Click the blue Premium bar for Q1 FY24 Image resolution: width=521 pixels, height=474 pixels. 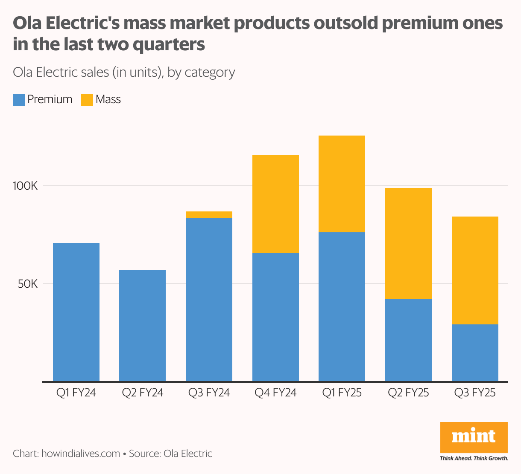coord(76,312)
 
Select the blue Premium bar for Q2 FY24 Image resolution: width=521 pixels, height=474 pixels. coord(142,326)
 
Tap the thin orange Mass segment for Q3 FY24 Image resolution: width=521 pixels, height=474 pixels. coord(209,214)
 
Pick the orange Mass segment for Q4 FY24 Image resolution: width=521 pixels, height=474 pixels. coord(275,204)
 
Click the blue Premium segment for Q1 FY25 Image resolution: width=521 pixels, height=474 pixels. coord(342,306)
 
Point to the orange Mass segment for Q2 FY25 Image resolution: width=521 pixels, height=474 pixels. coord(408,243)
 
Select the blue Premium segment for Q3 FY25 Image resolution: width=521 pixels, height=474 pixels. coord(475,353)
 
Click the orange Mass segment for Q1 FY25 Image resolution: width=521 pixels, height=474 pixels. coord(342,184)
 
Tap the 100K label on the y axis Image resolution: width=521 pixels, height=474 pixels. coord(28,186)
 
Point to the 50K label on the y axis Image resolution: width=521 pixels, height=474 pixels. coord(29,284)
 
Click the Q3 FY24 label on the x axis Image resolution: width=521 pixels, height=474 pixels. coord(209,393)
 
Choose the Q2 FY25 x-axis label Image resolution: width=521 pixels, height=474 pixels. coord(408,393)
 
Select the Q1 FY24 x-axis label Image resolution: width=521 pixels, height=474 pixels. coord(76,393)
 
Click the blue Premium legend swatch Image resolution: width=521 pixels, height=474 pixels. coord(19,100)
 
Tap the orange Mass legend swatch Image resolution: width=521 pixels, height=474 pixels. coord(87,100)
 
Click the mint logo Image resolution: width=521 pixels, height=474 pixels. coord(474,437)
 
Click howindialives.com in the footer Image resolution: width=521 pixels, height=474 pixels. coord(81,454)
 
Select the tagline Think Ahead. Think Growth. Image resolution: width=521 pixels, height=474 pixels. coord(474,458)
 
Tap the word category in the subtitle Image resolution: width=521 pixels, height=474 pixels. coord(210,72)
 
